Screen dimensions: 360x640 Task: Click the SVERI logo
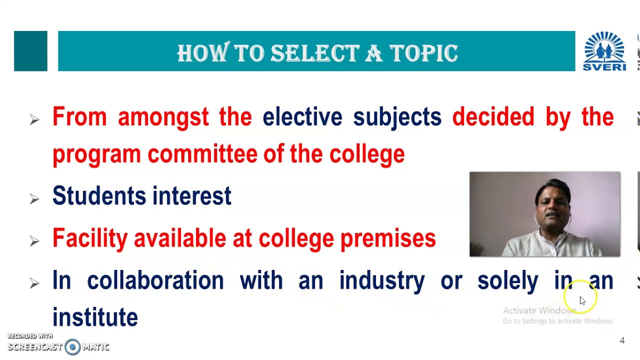tap(604, 51)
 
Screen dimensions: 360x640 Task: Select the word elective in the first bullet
tap(302, 117)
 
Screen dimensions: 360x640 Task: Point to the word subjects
tap(397, 117)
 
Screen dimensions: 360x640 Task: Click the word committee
tap(202, 154)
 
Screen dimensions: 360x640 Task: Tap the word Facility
tap(89, 238)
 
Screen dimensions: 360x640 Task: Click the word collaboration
tap(155, 280)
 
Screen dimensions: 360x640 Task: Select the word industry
tap(381, 280)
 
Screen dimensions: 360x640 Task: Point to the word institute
tap(95, 317)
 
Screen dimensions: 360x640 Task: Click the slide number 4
tap(622, 340)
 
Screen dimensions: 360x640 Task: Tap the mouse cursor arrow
tap(582, 300)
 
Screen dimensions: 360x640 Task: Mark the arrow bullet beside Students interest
tap(34, 198)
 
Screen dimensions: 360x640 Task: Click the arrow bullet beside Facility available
tap(34, 241)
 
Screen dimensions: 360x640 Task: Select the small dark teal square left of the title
tap(30, 51)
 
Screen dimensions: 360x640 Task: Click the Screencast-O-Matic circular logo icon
tap(72, 347)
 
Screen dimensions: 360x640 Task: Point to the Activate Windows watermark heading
tap(539, 310)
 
